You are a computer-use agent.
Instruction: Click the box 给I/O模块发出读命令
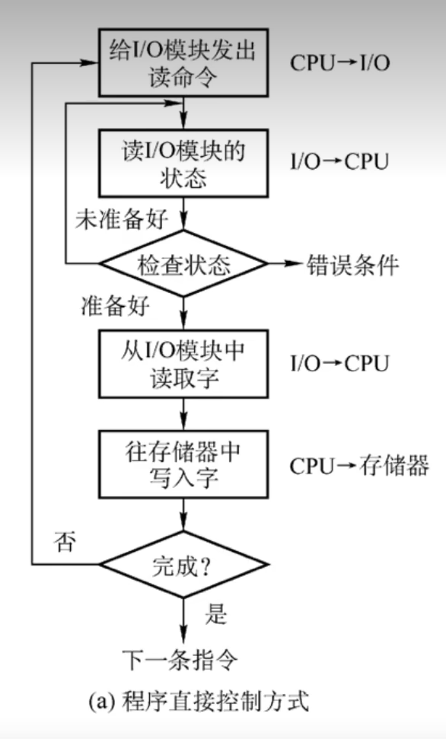(x=183, y=62)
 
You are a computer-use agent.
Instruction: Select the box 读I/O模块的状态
(x=183, y=163)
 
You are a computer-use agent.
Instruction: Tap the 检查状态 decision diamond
(x=183, y=263)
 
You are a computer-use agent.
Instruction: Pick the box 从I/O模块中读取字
(x=183, y=364)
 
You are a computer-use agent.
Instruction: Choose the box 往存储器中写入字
(x=183, y=464)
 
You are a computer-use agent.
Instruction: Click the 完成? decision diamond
(x=183, y=564)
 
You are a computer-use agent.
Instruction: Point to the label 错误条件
(x=353, y=264)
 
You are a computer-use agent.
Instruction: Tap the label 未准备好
(x=122, y=218)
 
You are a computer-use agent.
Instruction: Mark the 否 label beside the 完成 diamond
(x=65, y=542)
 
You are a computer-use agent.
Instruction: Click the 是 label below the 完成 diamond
(x=216, y=613)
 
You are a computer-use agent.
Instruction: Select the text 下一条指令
(x=180, y=660)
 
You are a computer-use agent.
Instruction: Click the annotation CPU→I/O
(x=340, y=63)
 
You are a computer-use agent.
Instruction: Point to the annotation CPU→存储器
(x=359, y=466)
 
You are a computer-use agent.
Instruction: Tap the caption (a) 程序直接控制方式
(x=199, y=701)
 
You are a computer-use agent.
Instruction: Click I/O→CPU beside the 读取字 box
(x=339, y=364)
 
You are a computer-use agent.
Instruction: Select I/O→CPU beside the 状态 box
(x=339, y=161)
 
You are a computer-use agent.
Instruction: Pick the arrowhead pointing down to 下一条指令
(x=183, y=634)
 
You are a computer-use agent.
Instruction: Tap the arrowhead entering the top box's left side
(x=90, y=62)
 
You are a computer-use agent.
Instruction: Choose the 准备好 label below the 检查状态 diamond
(x=116, y=307)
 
